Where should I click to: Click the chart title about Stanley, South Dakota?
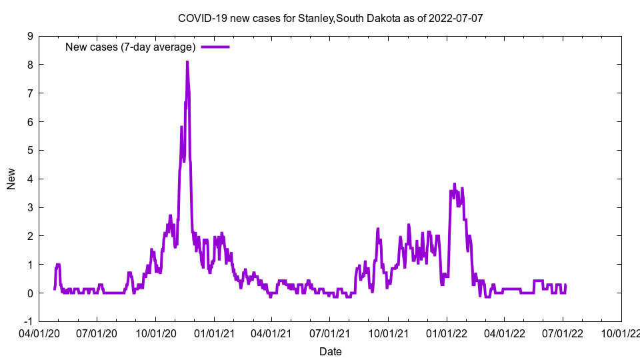coord(330,18)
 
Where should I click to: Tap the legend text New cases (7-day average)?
coord(130,47)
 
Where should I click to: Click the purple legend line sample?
coord(215,47)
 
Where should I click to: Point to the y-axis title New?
coord(11,179)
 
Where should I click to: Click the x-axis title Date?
coord(330,351)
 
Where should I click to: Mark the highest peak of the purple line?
coord(187,62)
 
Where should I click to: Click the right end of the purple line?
coord(565,286)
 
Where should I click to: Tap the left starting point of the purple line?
coord(55,289)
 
